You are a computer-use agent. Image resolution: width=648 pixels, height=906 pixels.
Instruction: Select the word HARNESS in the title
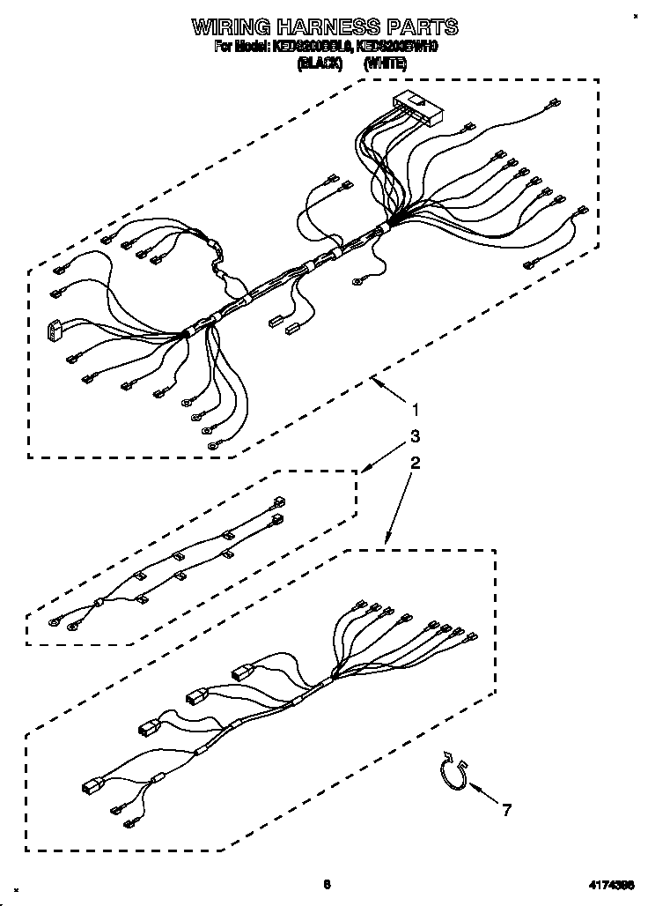coord(332,27)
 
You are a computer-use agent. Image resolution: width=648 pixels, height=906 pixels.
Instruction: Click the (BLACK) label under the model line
coord(320,63)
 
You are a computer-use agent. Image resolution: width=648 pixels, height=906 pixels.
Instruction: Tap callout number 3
coord(414,435)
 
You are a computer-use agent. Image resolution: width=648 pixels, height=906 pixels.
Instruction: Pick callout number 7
coord(505,810)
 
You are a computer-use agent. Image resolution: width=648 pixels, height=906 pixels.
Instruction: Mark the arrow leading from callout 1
coord(387,389)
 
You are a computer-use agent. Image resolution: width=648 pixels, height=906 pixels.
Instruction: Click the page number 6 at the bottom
coord(326,884)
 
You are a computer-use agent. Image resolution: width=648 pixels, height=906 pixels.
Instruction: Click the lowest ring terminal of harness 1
coord(214,447)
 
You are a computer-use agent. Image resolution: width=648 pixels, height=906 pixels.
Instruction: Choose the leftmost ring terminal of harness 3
coord(57,621)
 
